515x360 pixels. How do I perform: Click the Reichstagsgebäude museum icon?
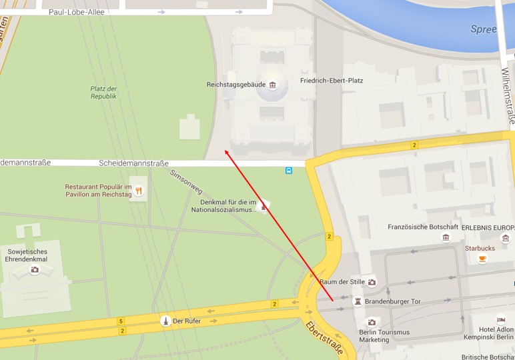tap(273, 85)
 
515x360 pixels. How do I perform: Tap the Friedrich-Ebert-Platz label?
tap(332, 81)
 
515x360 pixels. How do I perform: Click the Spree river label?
tap(484, 29)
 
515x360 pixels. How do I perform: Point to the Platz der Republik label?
tap(104, 93)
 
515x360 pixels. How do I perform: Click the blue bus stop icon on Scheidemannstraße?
tap(289, 170)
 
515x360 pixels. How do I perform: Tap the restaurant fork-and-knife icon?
tap(139, 191)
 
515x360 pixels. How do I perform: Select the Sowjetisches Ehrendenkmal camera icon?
tap(35, 269)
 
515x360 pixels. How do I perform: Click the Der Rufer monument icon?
tap(165, 321)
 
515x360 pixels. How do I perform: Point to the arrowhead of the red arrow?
tap(225, 151)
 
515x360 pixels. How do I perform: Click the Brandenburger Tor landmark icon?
tap(358, 301)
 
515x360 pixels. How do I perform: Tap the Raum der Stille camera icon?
tap(372, 282)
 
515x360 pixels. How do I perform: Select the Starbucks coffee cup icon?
tap(482, 259)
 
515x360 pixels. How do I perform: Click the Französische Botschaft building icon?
tap(446, 237)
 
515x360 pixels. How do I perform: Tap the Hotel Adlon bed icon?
tap(501, 320)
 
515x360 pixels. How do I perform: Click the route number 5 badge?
tap(121, 321)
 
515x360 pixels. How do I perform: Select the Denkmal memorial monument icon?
tap(264, 205)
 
